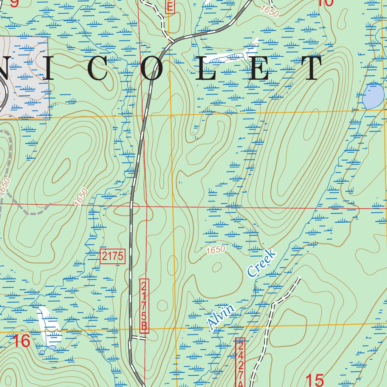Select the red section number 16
(x=21, y=341)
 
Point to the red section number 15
(x=314, y=379)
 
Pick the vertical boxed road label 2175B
(x=144, y=306)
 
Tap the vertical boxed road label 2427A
(x=240, y=363)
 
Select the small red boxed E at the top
(x=170, y=6)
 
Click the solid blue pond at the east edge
(x=373, y=96)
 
